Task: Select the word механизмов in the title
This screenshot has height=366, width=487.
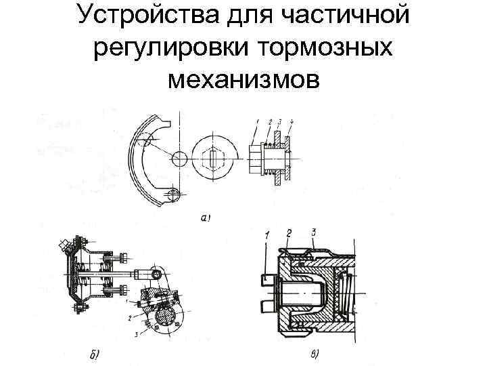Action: click(243, 80)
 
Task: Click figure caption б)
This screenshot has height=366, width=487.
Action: click(94, 353)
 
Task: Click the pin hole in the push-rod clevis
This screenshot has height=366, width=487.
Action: click(157, 274)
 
